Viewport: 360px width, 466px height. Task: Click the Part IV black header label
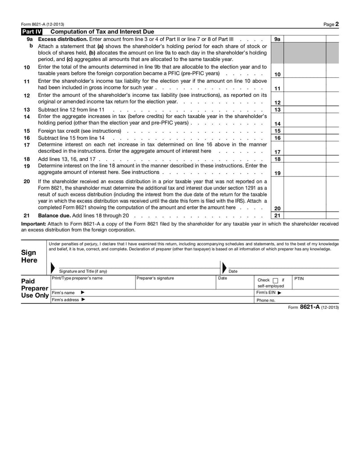pyautogui.click(x=32, y=32)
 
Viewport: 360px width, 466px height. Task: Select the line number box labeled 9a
pyautogui.click(x=277, y=39)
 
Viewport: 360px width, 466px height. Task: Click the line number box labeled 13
pyautogui.click(x=277, y=110)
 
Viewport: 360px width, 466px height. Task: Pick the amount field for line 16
pyautogui.click(x=305, y=138)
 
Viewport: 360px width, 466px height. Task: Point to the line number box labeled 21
pyautogui.click(x=277, y=216)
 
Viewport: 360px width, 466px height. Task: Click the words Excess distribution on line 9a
pyautogui.click(x=63, y=39)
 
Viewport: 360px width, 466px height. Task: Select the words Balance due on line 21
pyautogui.click(x=54, y=216)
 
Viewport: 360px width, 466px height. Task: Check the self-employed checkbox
pyautogui.click(x=275, y=280)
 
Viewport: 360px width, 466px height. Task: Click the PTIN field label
pyautogui.click(x=299, y=279)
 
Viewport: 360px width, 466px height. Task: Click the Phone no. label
pyautogui.click(x=265, y=300)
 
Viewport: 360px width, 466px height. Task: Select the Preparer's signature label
pyautogui.click(x=155, y=278)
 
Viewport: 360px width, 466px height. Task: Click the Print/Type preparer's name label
pyautogui.click(x=77, y=278)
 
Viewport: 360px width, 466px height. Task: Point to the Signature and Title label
pyautogui.click(x=83, y=271)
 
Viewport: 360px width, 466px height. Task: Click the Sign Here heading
pyautogui.click(x=29, y=257)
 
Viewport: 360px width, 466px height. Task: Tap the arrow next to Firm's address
pyautogui.click(x=83, y=300)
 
